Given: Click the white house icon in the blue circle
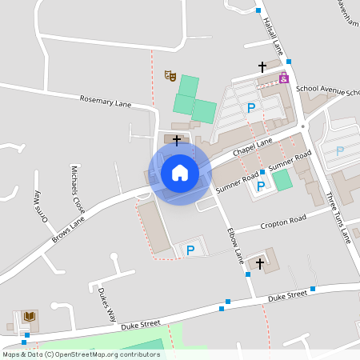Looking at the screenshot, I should pos(180,172).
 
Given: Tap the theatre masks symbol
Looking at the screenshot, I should pos(170,75).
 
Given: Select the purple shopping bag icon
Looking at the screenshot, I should pos(284,78).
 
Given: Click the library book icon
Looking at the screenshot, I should pos(30,318).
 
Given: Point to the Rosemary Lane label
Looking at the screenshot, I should pos(105,102).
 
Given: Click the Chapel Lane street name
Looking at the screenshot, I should pos(252,147).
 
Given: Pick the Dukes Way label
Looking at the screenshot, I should pos(109,304).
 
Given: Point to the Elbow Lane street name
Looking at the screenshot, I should pos(234,246).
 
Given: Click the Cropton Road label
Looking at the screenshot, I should pos(283,220).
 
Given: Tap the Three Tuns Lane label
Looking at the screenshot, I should pos(338,217).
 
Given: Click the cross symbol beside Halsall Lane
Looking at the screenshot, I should pos(262,66).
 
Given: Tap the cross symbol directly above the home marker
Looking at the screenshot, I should pos(177,140).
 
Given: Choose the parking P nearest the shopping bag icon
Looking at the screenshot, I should pos(251,108).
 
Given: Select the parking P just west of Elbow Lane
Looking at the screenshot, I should pos(190,251).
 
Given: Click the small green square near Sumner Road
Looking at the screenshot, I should pos(282,180).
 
